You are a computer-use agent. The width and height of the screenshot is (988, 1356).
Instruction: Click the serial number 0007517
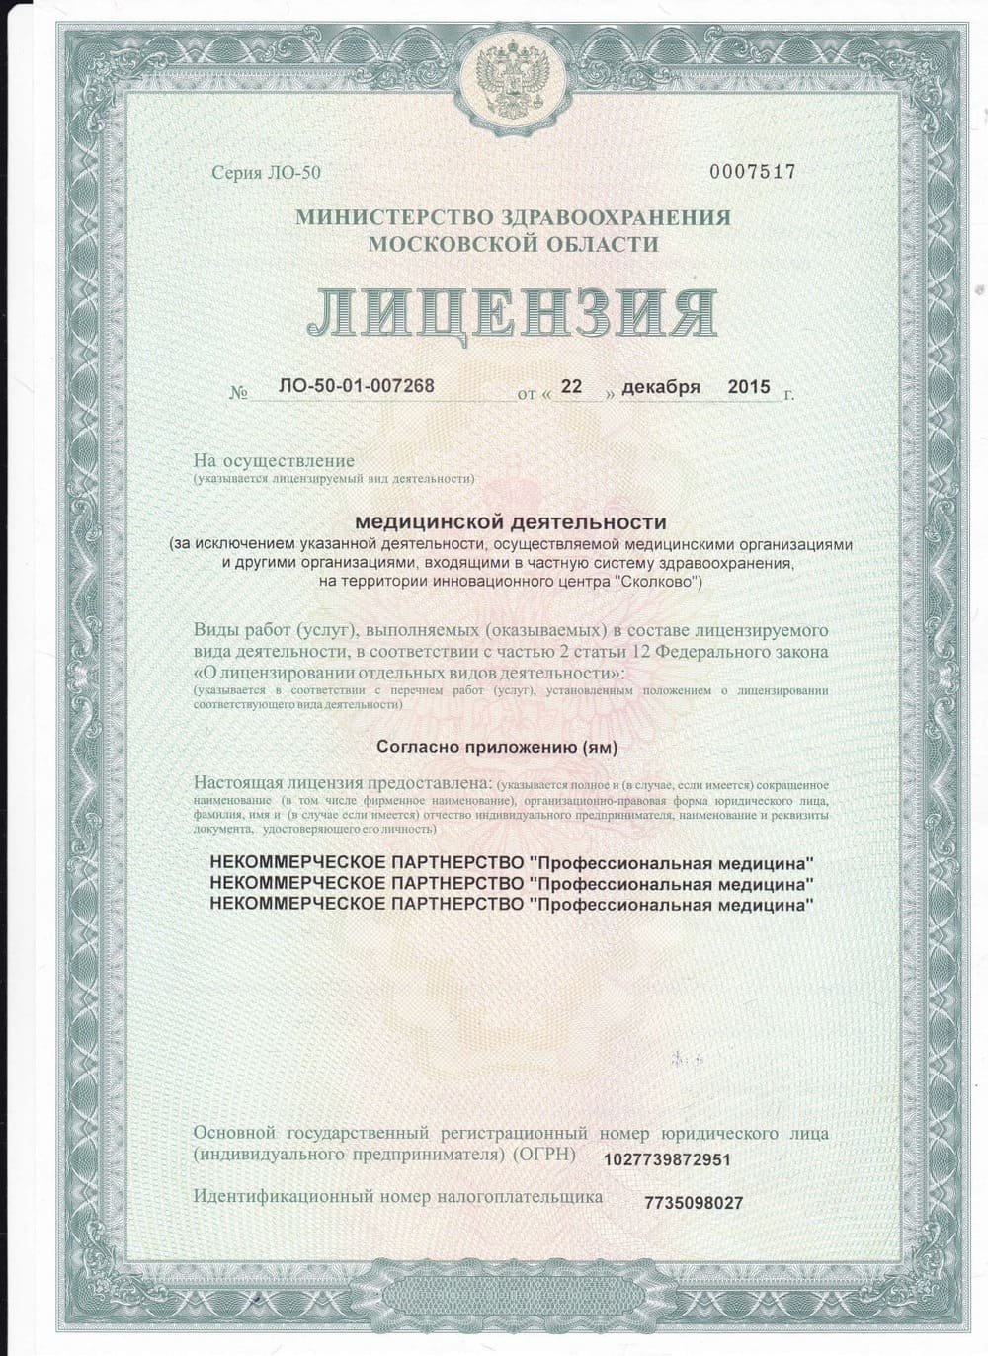tap(753, 172)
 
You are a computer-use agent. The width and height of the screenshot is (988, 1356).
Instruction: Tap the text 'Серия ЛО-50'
tap(267, 173)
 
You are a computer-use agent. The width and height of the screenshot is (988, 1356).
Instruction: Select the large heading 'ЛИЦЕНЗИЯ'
tap(511, 312)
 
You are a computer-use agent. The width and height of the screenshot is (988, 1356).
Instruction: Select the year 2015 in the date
tap(748, 386)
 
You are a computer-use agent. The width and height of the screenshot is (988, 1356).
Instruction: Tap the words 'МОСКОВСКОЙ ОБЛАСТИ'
tap(512, 243)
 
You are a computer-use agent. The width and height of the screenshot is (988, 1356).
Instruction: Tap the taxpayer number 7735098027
tap(693, 1202)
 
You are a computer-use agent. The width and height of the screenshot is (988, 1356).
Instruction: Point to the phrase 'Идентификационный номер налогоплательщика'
tap(397, 1196)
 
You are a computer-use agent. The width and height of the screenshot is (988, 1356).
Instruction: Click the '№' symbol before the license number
tap(238, 393)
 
